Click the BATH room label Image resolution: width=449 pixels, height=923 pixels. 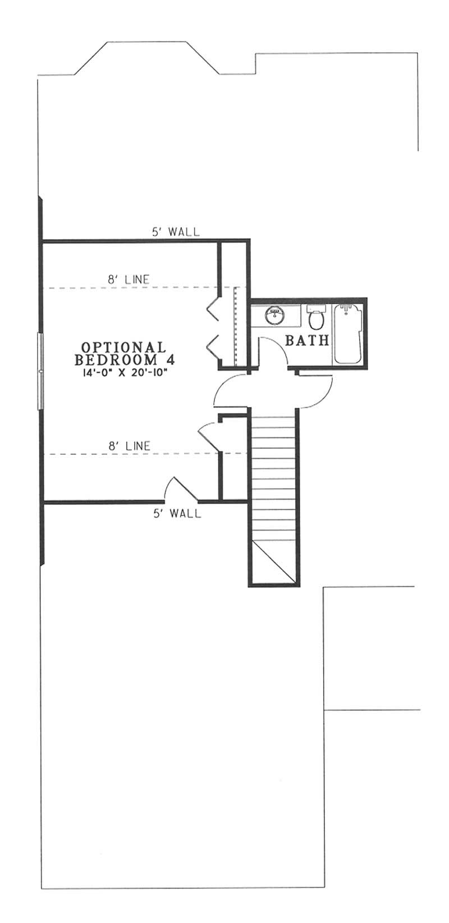pyautogui.click(x=307, y=340)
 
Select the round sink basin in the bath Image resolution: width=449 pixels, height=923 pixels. pyautogui.click(x=275, y=314)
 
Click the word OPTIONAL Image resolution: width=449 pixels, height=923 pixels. pyautogui.click(x=123, y=347)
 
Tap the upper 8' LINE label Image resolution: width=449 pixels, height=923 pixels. pyautogui.click(x=129, y=278)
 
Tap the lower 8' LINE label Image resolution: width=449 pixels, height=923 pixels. pyautogui.click(x=129, y=446)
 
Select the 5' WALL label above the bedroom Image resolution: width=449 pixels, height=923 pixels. pyautogui.click(x=175, y=231)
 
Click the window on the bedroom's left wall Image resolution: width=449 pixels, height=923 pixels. pyautogui.click(x=39, y=371)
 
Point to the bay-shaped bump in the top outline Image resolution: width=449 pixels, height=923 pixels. pyautogui.click(x=147, y=56)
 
